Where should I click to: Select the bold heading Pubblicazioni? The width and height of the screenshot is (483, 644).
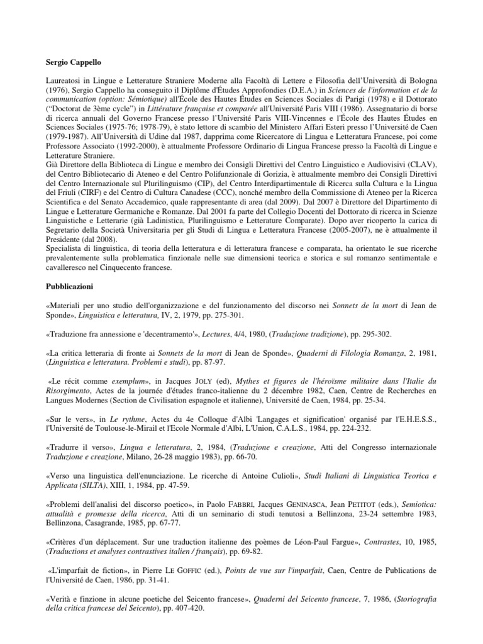pos(70,286)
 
